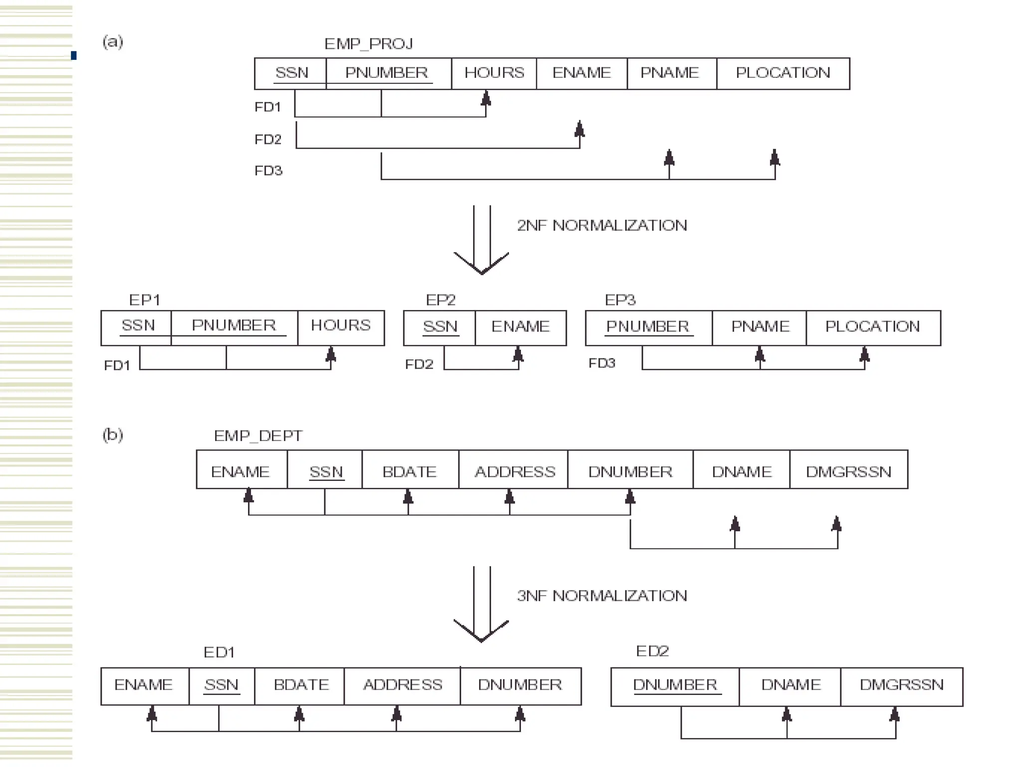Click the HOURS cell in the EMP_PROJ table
coord(494,73)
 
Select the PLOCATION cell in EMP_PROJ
coord(782,73)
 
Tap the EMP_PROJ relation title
coord(368,44)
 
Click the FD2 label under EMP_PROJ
coord(268,139)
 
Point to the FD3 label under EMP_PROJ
coord(268,171)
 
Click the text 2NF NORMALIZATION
coord(602,226)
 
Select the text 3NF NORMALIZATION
coord(602,596)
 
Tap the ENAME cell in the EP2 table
coord(520,327)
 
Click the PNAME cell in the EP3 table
coord(760,327)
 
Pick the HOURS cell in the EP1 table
coord(341,326)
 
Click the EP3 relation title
coord(620,300)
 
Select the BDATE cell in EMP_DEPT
coord(409,472)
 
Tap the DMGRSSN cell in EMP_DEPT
coord(848,472)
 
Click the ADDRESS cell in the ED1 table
coord(402,685)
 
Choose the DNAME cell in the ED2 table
coord(790,685)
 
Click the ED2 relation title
coord(652,651)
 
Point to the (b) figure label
coord(113,435)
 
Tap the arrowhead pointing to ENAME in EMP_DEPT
coord(249,496)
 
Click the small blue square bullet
coord(74,55)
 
